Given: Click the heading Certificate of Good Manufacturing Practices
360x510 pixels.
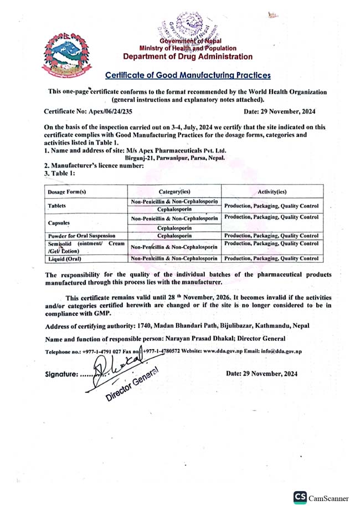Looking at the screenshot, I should click(x=188, y=75).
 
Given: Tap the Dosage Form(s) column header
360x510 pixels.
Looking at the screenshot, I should click(x=66, y=191).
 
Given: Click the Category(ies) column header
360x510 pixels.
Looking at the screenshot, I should click(x=174, y=191).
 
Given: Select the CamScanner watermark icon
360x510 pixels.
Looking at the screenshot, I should click(x=300, y=496).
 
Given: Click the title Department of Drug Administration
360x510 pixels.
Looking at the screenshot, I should click(x=188, y=57).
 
